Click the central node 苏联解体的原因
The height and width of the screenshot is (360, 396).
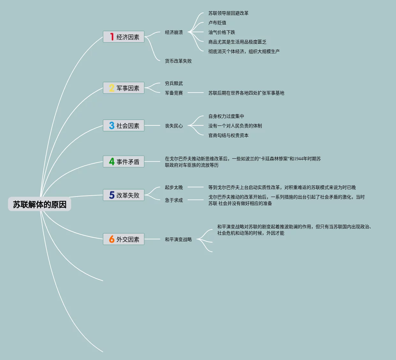pos(40,204)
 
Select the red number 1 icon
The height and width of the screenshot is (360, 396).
pos(112,37)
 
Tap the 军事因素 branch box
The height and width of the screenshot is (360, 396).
pos(124,88)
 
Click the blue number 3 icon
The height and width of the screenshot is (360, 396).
pos(111,125)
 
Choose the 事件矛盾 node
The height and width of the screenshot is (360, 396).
pos(124,161)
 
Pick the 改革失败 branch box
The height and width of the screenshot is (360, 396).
pos(124,195)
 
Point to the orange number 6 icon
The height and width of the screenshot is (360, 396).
pos(111,239)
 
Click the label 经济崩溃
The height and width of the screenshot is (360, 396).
pos(174,32)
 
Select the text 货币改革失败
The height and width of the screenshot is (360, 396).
pos(178,61)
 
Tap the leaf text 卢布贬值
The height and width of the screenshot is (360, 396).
pos(217,23)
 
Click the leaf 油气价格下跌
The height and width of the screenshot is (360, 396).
pos(221,32)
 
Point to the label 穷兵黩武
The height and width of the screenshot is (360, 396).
pos(174,83)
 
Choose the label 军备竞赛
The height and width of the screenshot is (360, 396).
pos(174,93)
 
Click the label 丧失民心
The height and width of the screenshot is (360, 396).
pos(174,126)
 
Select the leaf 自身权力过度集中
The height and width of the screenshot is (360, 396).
pos(226,116)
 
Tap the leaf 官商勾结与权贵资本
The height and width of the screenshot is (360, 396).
pos(228,135)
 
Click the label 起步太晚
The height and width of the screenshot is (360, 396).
pos(174,187)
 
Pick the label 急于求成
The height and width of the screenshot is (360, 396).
pos(174,200)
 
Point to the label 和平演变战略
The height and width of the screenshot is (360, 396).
pos(178,239)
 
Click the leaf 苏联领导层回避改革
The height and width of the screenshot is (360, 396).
pos(228,13)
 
